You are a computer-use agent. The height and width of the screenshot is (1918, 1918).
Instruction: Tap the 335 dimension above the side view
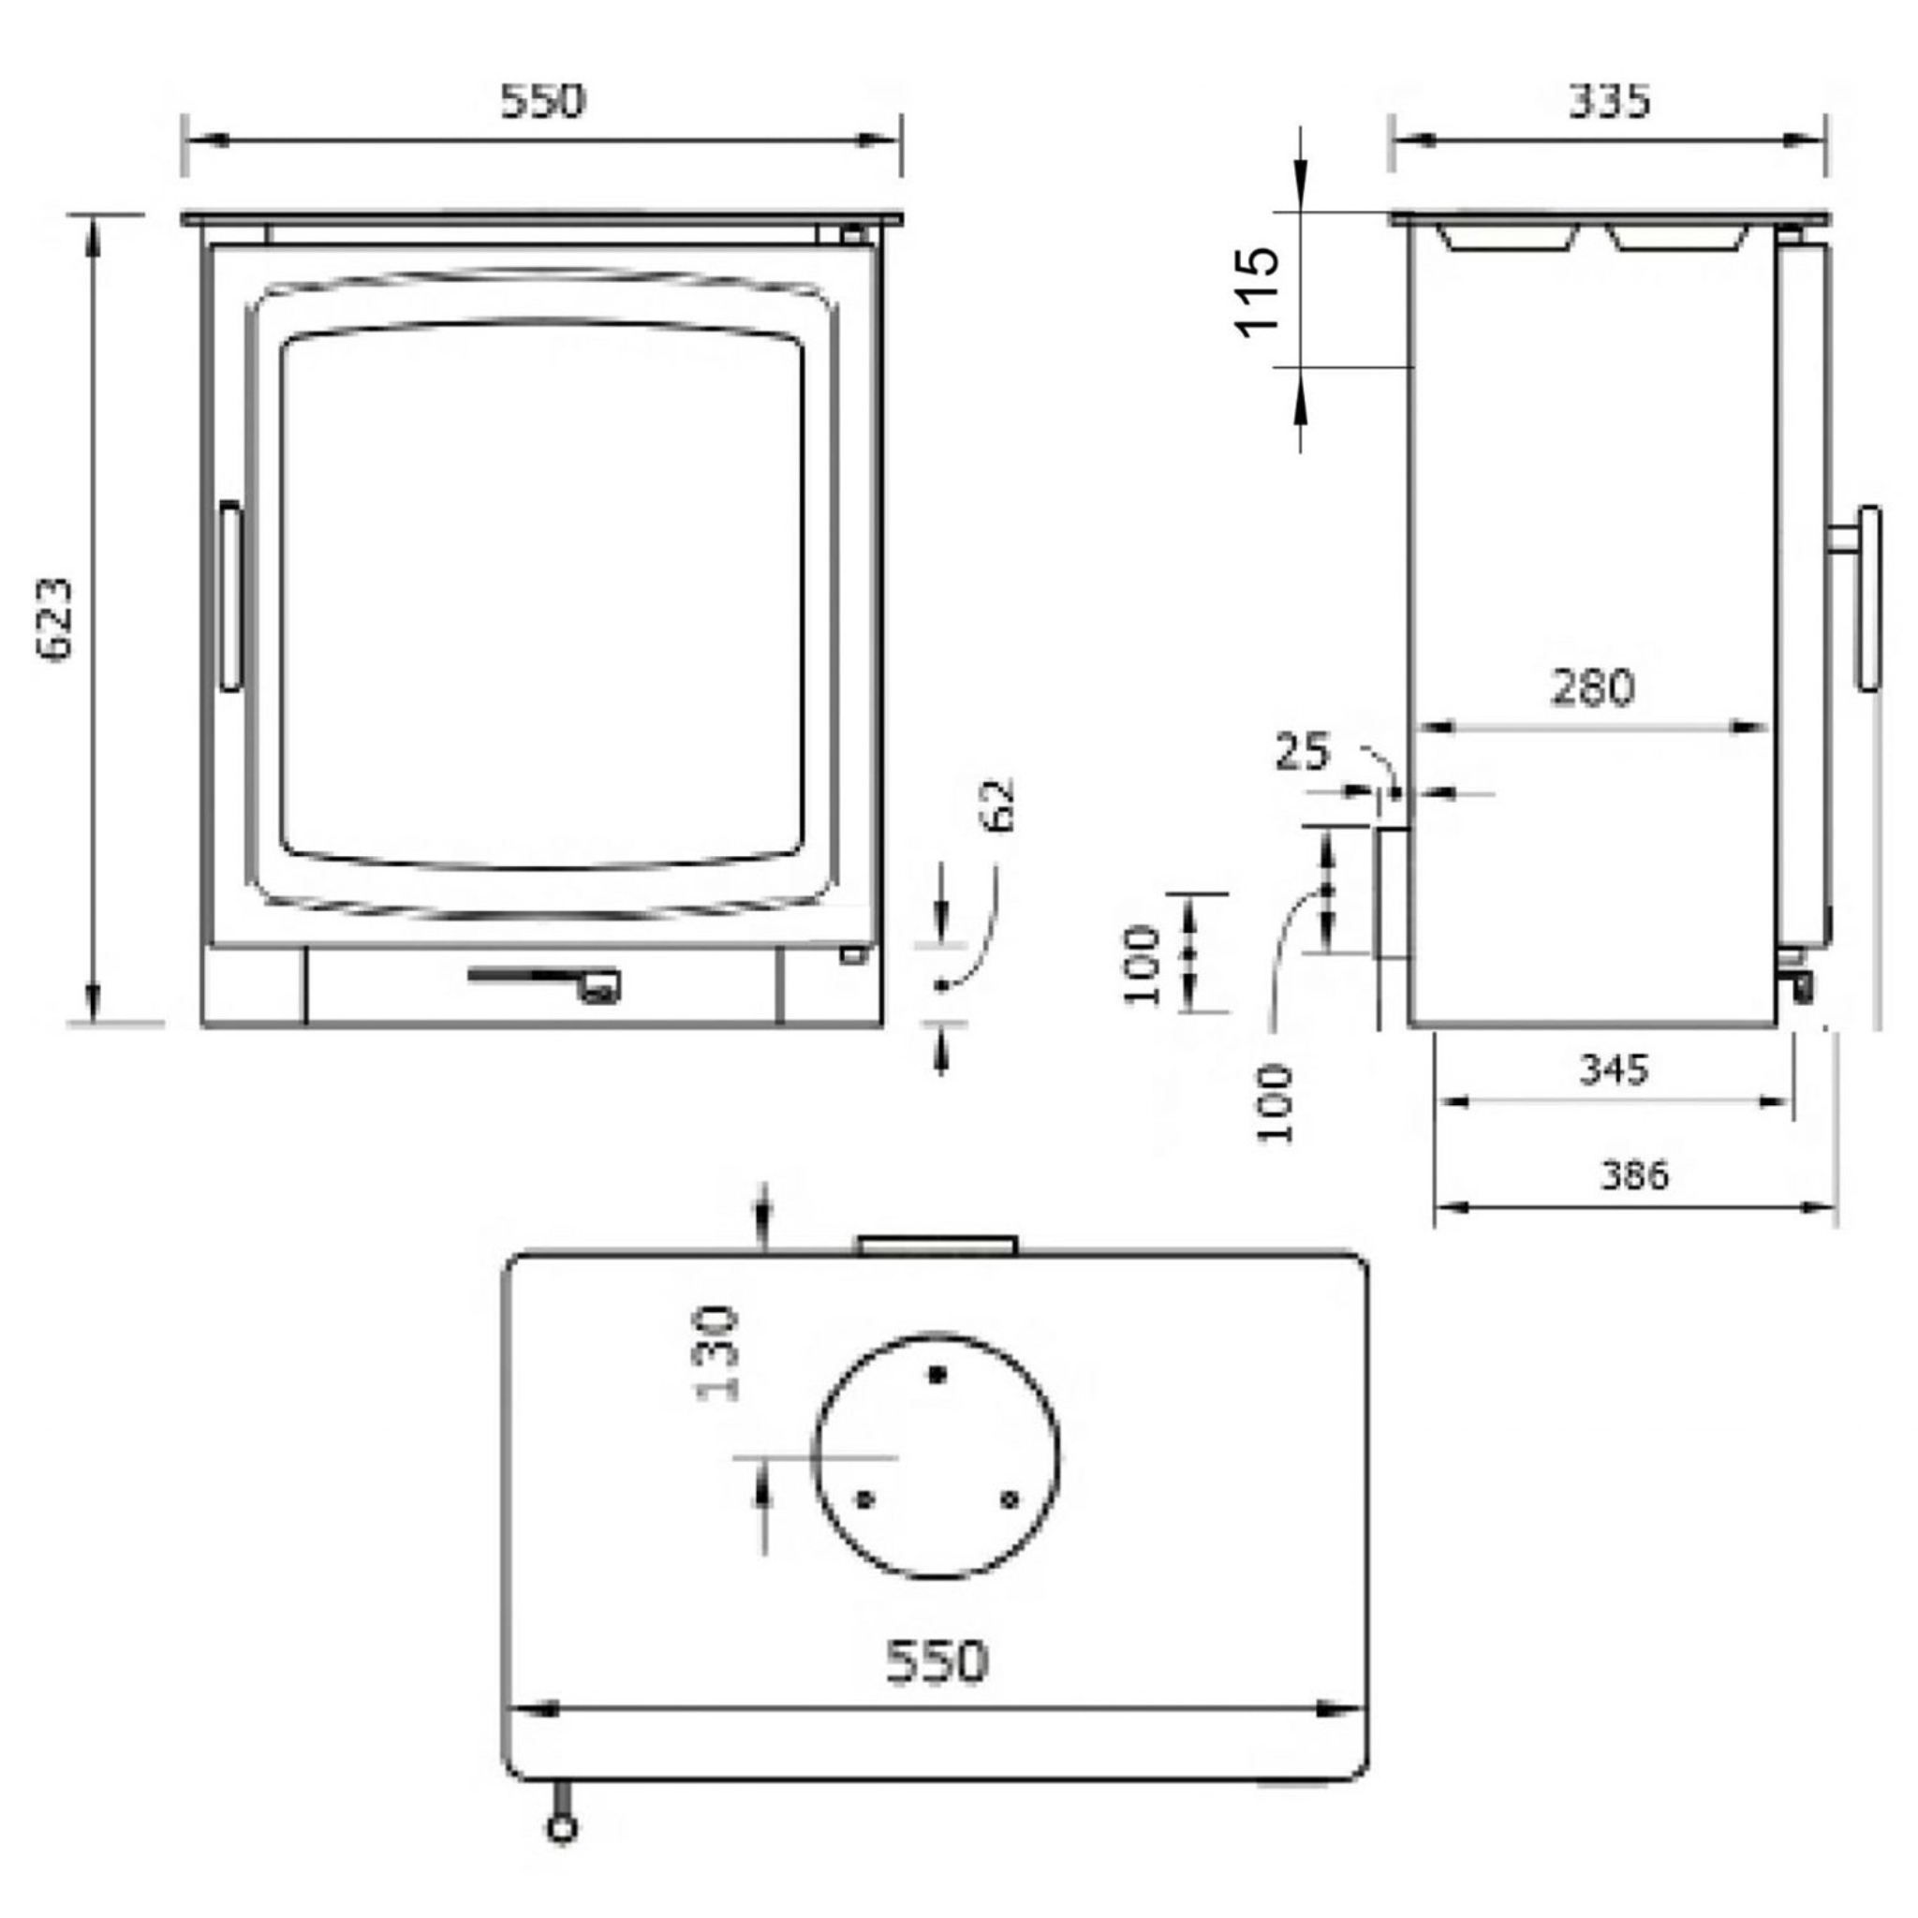pos(1609,100)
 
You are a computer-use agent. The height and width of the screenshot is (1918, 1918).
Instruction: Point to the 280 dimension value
pos(1592,687)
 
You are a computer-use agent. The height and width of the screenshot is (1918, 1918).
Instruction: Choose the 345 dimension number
pos(1614,1070)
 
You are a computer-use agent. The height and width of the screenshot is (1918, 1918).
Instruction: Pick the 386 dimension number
pos(1635,1175)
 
